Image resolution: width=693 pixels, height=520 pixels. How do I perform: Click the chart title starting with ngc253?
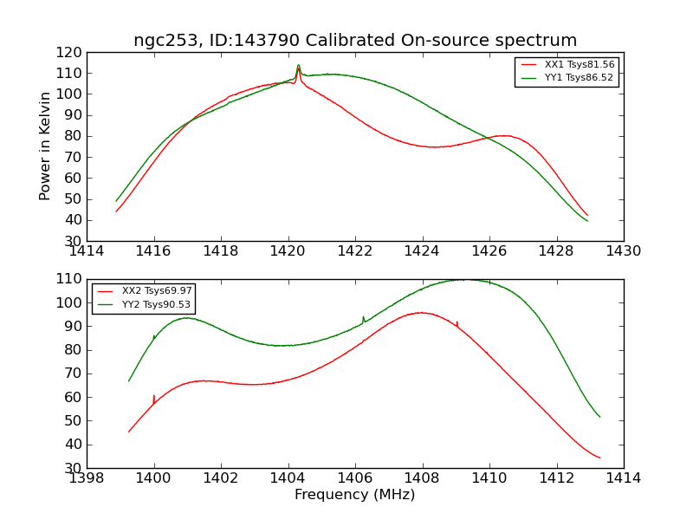point(355,41)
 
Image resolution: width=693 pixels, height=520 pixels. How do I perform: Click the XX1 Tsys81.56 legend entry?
point(580,65)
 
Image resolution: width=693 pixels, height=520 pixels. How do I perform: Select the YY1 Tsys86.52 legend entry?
point(580,78)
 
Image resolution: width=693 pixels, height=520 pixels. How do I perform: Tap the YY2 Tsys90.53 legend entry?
point(157,304)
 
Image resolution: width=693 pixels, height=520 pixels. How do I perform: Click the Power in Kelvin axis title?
point(45,146)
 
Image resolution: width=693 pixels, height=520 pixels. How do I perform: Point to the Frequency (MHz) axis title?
point(355,495)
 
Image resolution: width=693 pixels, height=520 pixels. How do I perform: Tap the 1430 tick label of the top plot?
point(623,250)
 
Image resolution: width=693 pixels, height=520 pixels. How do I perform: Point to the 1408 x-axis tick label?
point(422,478)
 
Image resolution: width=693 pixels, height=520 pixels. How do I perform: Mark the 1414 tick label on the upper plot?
point(87,250)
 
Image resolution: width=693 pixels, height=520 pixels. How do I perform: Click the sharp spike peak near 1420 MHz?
point(298,65)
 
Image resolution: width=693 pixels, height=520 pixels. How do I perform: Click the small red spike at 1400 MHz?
point(154,397)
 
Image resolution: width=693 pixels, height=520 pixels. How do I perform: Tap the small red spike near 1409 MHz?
point(457,322)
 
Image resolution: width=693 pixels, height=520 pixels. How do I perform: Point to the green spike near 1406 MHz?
point(363,318)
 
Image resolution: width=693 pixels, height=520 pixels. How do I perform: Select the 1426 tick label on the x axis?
point(489,250)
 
